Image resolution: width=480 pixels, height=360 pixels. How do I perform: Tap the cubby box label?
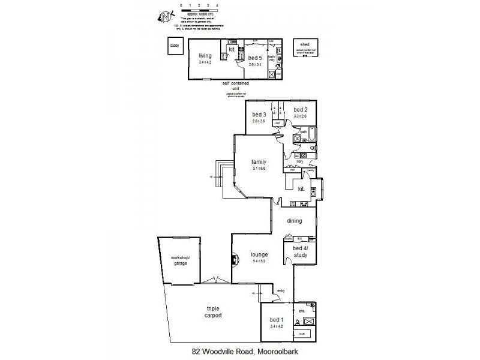pos(175,46)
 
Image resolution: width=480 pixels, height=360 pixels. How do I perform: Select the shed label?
pos(305,43)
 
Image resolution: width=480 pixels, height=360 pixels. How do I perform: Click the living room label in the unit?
pos(205,56)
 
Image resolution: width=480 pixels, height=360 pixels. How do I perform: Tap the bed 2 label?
pos(301,109)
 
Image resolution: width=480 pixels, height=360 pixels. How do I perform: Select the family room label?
pos(259,162)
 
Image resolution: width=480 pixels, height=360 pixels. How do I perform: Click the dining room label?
pos(294,221)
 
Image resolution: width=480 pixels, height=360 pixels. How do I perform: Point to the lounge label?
pos(259,254)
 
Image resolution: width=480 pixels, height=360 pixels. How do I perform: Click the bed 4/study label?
pos(300,251)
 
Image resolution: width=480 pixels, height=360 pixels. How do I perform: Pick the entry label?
pos(281,291)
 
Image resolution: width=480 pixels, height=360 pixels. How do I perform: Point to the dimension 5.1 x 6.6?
pos(259,169)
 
